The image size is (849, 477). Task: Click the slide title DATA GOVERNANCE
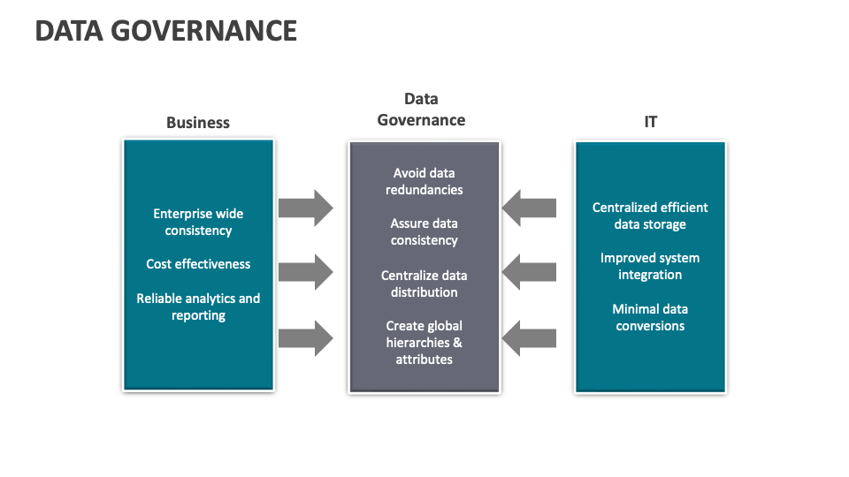166,31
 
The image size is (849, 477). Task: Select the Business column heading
198,123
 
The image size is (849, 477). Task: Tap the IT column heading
650,123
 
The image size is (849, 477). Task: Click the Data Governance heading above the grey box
422,110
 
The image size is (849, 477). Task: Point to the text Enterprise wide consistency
198,222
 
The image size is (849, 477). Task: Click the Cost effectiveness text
198,264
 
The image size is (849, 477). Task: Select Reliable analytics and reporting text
198,307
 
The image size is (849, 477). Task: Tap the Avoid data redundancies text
424,181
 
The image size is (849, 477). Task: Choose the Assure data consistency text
424,231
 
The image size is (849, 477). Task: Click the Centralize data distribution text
424,284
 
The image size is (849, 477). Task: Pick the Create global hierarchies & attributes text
424,343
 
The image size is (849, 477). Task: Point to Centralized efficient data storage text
650,216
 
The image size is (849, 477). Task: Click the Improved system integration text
650,266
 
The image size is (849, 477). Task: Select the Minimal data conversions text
650,317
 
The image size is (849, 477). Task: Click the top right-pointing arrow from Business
305,208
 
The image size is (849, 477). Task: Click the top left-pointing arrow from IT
530,208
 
